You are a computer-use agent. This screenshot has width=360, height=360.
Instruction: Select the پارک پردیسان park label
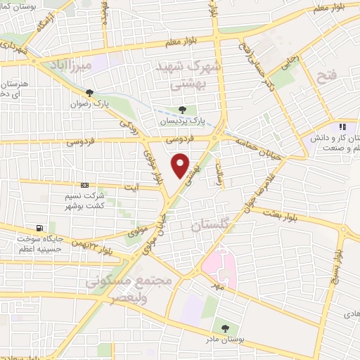[x=183, y=121]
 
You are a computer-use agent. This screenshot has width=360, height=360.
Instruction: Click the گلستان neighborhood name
[x=211, y=225]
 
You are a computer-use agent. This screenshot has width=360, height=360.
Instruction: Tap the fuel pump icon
[x=39, y=228]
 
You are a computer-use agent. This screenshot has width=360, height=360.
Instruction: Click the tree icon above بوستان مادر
[x=224, y=328]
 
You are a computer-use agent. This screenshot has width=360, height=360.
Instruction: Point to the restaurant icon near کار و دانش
[x=343, y=127]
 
